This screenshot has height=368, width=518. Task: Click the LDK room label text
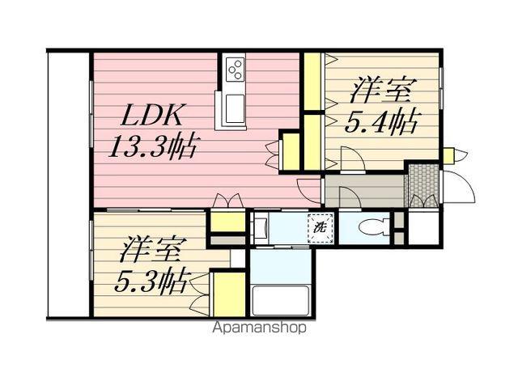(151, 116)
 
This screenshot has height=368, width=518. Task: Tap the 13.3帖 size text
(154, 146)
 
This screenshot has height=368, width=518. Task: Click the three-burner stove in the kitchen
(235, 70)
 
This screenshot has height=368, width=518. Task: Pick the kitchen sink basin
(235, 108)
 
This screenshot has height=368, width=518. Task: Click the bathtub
(281, 300)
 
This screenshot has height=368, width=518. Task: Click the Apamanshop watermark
(259, 328)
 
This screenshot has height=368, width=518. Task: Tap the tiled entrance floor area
(423, 185)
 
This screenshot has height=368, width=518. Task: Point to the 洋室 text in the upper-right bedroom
(381, 90)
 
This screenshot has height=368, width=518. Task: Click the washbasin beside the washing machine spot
(261, 228)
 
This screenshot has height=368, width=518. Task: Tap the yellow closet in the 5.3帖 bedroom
(229, 294)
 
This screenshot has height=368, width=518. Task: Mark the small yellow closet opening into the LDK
(291, 151)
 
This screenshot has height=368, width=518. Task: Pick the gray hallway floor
(365, 191)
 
